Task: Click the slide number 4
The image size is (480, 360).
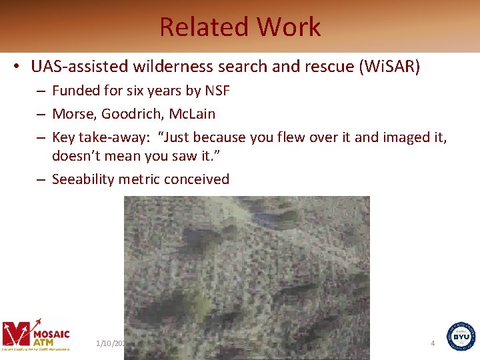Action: tap(433, 343)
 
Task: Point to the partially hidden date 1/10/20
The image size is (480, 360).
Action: tap(110, 343)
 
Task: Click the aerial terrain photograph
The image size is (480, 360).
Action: tap(247, 277)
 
